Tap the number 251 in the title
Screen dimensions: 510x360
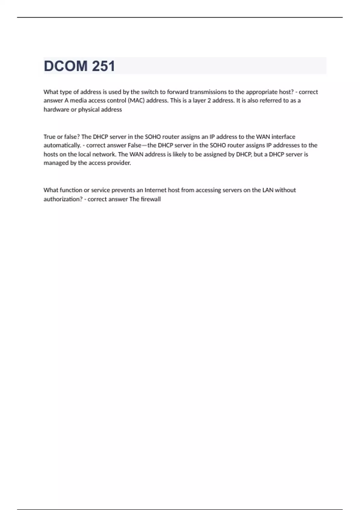[x=103, y=66]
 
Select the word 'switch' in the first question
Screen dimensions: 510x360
[x=149, y=92]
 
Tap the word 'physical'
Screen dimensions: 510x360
[x=88, y=109]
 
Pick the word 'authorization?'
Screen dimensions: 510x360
[x=63, y=199]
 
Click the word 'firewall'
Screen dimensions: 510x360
[x=151, y=199]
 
